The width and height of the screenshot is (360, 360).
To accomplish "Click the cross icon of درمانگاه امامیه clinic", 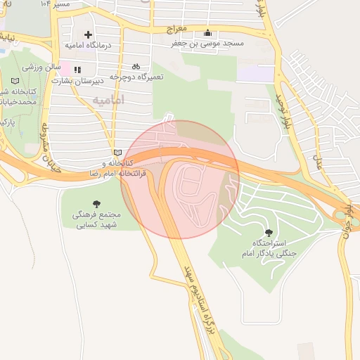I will (x=88, y=34).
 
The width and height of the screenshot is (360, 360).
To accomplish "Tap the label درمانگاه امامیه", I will (x=89, y=45).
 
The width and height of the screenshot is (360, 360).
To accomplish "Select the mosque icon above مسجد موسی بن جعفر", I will (x=207, y=33).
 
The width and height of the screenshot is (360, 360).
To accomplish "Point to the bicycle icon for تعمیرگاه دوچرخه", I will (x=136, y=67).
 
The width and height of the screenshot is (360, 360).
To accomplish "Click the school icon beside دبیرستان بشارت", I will (x=77, y=70).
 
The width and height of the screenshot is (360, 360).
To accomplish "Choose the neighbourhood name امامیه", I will (x=108, y=101).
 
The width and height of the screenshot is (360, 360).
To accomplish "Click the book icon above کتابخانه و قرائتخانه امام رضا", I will (x=117, y=153).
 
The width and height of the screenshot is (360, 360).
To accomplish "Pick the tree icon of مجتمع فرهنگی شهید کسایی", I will (x=96, y=204).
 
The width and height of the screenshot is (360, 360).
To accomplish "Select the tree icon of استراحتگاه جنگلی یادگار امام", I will (x=269, y=231).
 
